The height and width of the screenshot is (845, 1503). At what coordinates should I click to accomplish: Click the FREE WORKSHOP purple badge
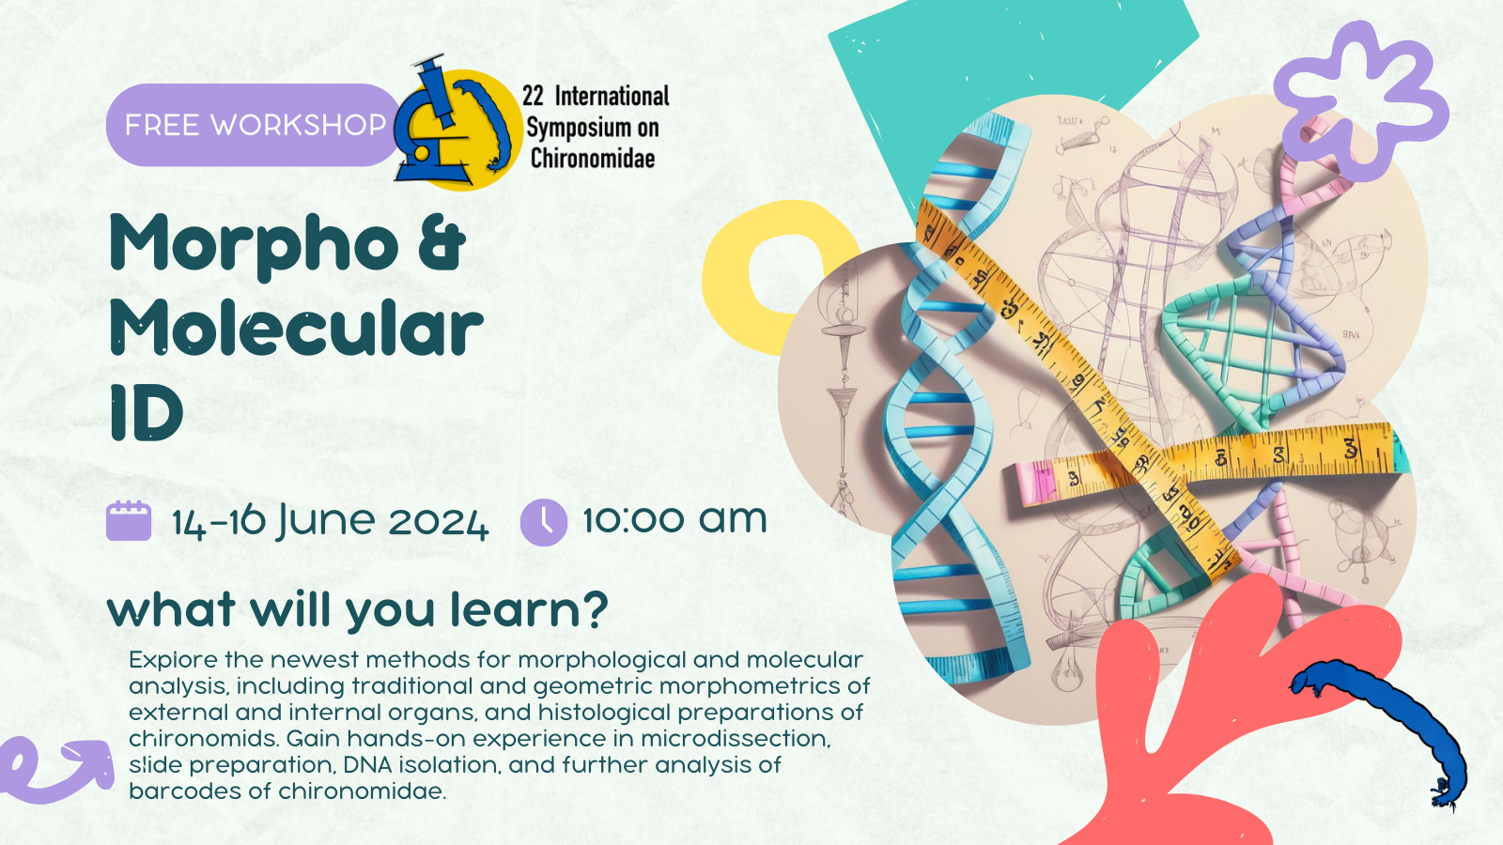(254, 125)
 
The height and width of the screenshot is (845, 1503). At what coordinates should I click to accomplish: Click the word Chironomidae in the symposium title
(593, 159)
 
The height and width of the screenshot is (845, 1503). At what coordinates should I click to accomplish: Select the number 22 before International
(533, 96)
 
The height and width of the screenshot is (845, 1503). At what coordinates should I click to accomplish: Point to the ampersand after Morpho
(442, 241)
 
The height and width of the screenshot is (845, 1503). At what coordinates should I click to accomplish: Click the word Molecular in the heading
(296, 328)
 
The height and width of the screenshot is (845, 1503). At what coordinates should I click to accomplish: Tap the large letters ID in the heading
(146, 412)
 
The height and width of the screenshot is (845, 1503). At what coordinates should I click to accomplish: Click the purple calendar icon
(129, 520)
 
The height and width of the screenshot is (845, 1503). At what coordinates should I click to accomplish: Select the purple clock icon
(544, 522)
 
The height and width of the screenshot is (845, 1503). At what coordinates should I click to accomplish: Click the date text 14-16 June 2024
(330, 522)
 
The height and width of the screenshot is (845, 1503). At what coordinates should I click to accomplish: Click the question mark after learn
(592, 609)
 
